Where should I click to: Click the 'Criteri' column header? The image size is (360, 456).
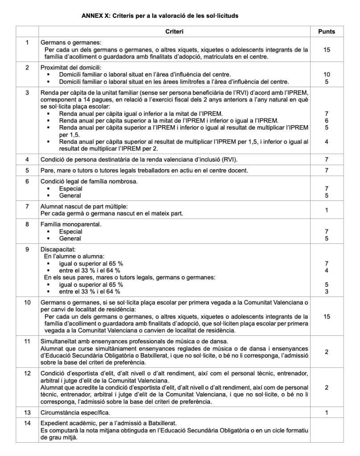coord(174,32)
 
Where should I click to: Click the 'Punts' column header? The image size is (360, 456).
coord(327,32)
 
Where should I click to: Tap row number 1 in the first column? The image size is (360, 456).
coord(27,43)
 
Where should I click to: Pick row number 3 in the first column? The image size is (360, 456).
coord(27,92)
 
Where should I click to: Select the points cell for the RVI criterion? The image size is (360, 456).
coord(327,159)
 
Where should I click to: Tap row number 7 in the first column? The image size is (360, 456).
coord(27,207)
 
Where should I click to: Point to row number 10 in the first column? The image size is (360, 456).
coord(27,302)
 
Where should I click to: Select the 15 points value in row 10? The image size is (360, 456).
coord(327,316)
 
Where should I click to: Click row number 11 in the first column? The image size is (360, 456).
coord(27,341)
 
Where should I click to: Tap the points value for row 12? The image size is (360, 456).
coord(327,388)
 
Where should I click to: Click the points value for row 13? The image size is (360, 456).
coord(327,413)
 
